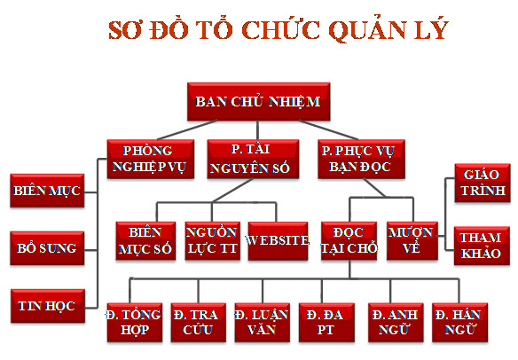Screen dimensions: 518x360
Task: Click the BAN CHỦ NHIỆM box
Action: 258,101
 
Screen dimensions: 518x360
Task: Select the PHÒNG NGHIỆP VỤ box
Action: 151,160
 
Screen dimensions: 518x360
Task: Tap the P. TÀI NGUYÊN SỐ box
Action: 253,160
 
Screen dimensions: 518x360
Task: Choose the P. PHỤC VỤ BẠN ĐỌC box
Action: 361,160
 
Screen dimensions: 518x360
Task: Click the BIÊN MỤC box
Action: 47,191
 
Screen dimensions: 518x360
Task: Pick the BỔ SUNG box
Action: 47,248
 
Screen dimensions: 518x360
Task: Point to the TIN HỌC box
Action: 48,306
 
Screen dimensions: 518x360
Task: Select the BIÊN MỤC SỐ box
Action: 145,241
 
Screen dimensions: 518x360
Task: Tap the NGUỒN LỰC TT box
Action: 212,241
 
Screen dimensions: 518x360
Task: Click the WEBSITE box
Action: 278,241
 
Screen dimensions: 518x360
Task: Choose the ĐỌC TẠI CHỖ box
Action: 349,241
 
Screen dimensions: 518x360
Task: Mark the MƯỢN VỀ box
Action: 412,241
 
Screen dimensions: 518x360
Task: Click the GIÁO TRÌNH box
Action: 483,183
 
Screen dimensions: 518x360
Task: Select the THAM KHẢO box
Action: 482,246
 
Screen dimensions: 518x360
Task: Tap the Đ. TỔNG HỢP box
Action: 135,323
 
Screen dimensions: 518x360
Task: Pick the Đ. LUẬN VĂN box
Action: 263,323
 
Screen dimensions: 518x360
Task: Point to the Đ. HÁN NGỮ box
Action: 459,323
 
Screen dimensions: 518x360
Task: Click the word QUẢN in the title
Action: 367,30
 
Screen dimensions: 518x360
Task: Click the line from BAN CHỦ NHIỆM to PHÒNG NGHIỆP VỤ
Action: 187,129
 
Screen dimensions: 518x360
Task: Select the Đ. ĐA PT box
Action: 326,323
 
